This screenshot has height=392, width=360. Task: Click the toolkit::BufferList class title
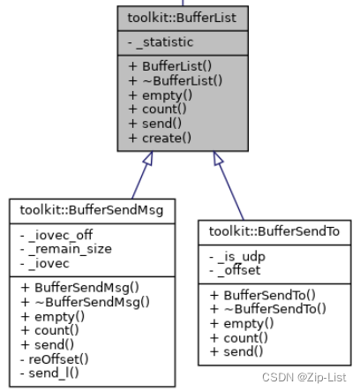pyautogui.click(x=183, y=17)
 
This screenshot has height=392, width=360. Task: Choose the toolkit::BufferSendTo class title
pyautogui.click(x=274, y=231)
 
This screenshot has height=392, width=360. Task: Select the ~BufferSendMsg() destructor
pyautogui.click(x=88, y=300)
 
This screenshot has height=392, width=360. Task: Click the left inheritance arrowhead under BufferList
pyautogui.click(x=146, y=160)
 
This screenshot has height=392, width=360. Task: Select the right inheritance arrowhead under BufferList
pyautogui.click(x=218, y=160)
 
